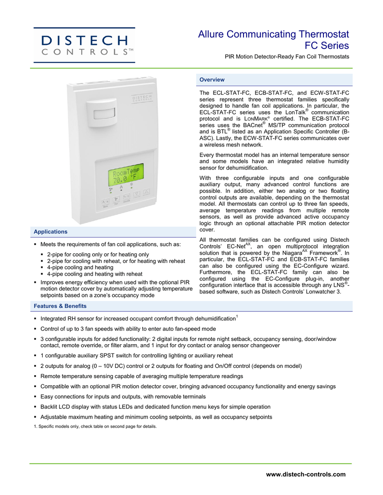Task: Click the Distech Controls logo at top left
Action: coord(84,45)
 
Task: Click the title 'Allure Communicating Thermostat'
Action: coord(274,34)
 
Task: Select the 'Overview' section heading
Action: coord(212,80)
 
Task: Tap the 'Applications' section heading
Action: coord(50,232)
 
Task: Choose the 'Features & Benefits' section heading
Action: coord(60,306)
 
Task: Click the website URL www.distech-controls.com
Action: coord(306,474)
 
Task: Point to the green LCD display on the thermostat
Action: coord(125,175)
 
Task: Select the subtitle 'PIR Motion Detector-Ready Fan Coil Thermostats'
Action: coord(287,57)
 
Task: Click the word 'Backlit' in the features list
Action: coord(50,407)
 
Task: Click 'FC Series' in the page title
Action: coord(326,46)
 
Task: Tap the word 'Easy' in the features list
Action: coord(47,397)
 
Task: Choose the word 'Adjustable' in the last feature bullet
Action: coord(55,417)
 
